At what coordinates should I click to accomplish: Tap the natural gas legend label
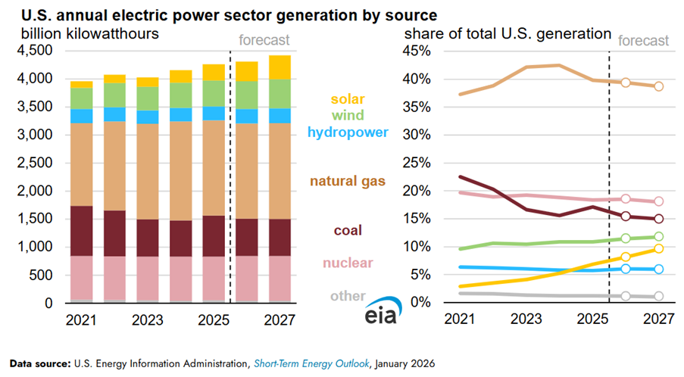[x=348, y=182]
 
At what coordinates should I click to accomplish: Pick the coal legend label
[x=348, y=230]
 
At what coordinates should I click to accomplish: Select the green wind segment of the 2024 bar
[x=180, y=95]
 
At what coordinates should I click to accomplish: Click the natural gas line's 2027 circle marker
[x=658, y=86]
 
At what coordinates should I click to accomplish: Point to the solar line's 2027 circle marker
[x=658, y=248]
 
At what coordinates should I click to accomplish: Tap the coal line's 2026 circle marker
[x=626, y=216]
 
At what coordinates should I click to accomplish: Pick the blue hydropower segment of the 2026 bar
[x=246, y=116]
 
